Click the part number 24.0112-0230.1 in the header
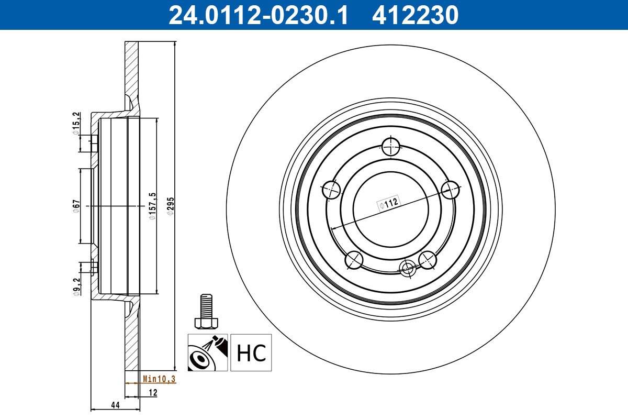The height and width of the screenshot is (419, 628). (x=257, y=15)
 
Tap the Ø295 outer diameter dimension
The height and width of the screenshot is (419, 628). (x=170, y=206)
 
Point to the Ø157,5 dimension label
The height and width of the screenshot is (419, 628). (x=152, y=206)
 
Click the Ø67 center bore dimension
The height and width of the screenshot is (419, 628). (x=76, y=205)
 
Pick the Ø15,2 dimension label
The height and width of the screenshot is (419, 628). (x=76, y=124)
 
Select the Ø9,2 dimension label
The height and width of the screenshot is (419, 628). (x=76, y=288)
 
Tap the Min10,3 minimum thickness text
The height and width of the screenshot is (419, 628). (x=159, y=379)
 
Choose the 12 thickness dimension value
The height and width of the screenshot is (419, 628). (x=153, y=393)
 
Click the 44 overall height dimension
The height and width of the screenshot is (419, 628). (x=115, y=405)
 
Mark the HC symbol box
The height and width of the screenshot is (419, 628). (x=251, y=352)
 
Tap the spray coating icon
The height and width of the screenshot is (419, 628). (x=208, y=352)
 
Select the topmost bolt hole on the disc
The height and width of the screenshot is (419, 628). (x=391, y=146)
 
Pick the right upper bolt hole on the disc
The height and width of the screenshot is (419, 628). (x=451, y=190)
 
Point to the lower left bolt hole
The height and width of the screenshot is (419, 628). (x=354, y=260)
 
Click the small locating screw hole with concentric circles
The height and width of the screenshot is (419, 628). (x=407, y=268)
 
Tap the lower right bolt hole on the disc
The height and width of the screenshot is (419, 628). (x=428, y=259)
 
